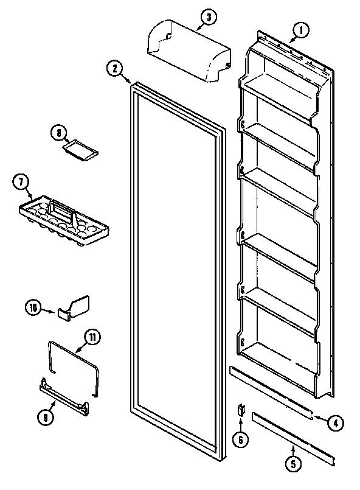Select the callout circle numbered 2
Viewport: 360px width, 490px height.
pos(114,68)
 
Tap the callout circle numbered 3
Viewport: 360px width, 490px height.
pos(209,18)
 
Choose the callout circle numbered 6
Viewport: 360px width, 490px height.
pos(242,438)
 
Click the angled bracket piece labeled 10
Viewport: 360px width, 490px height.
pos(74,307)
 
